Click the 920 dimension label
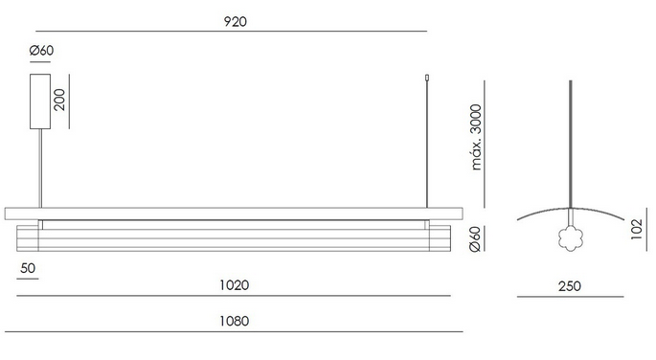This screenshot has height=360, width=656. tap(236, 21)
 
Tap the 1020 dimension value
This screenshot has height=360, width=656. tap(235, 285)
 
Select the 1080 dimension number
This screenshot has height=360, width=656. tap(235, 321)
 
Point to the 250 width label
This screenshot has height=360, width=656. tap(570, 286)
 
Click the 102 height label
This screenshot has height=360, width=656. tap(636, 229)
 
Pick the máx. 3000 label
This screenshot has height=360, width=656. tap(476, 138)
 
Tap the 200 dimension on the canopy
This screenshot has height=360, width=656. tap(59, 100)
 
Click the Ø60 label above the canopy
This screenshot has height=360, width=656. tap(41, 51)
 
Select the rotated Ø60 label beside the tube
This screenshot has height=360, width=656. tap(475, 239)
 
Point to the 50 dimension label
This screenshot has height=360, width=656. tap(28, 268)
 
